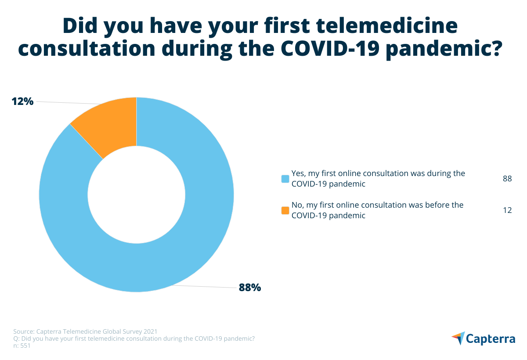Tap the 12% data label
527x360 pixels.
(x=22, y=101)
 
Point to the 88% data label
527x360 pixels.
(x=250, y=288)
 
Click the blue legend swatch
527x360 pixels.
(x=285, y=179)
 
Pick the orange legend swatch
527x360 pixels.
(x=285, y=210)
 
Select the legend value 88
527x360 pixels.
(x=507, y=179)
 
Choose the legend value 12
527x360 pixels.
(x=507, y=210)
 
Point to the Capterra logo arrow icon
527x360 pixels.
(x=458, y=338)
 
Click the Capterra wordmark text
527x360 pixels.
(x=491, y=339)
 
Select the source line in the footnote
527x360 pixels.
(x=85, y=331)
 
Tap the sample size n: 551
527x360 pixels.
(x=22, y=346)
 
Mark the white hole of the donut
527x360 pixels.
(x=136, y=194)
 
